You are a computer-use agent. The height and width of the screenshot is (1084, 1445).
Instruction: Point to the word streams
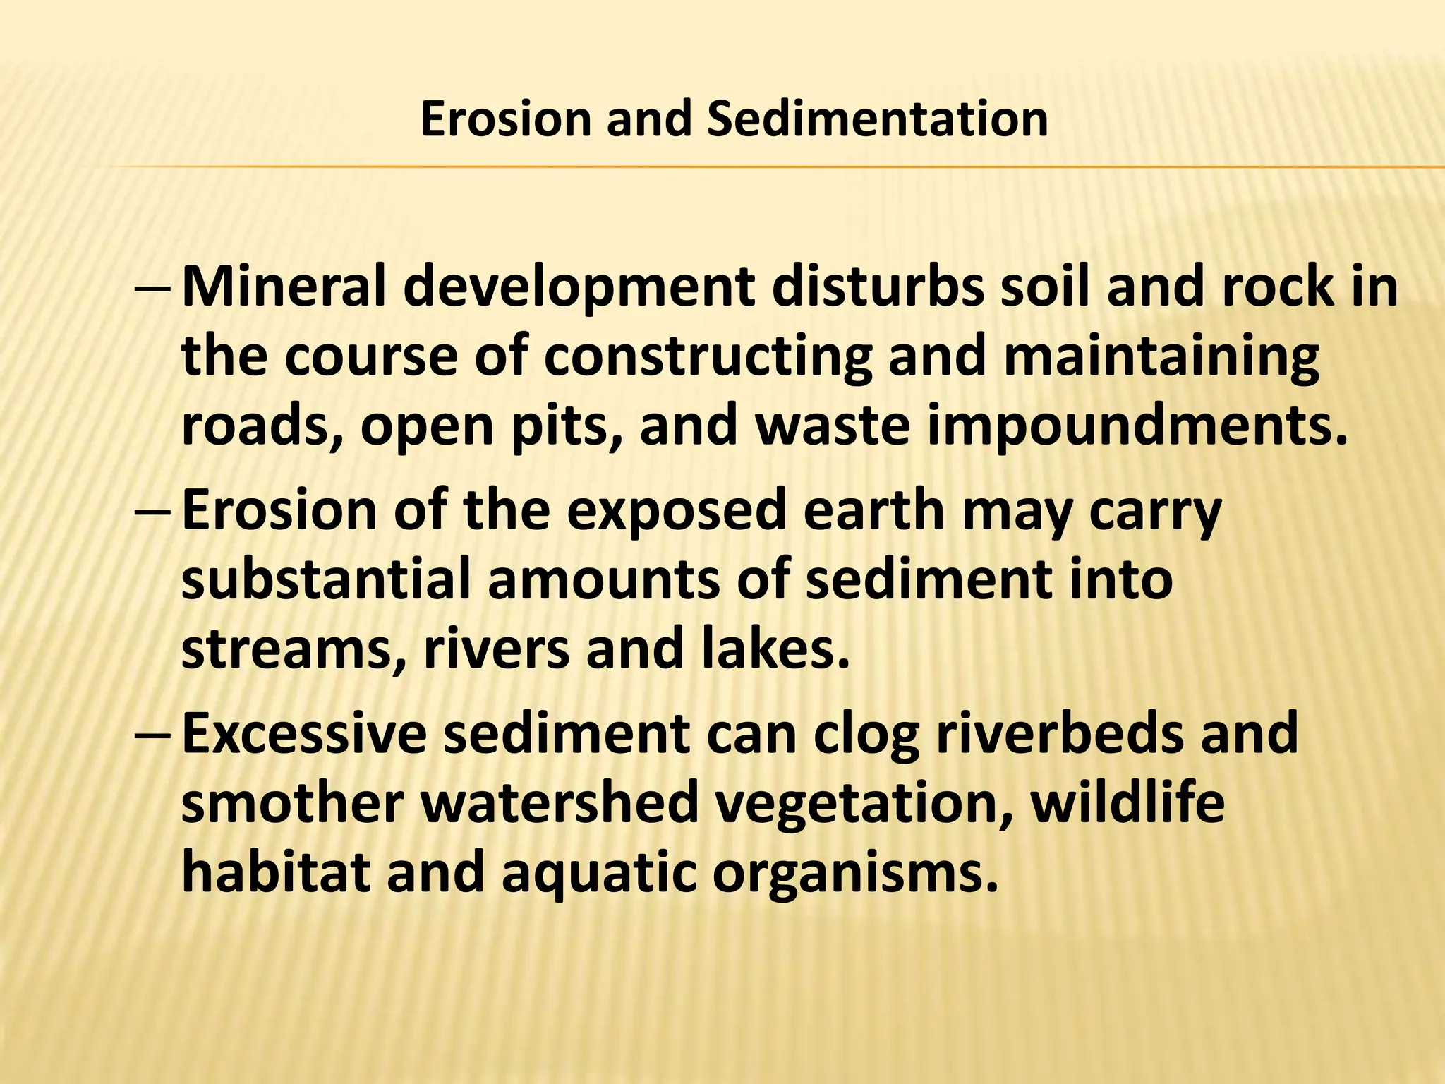[295, 649]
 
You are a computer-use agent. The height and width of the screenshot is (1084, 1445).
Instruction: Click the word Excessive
[304, 733]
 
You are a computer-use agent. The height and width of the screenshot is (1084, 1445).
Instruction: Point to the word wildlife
[1127, 802]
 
